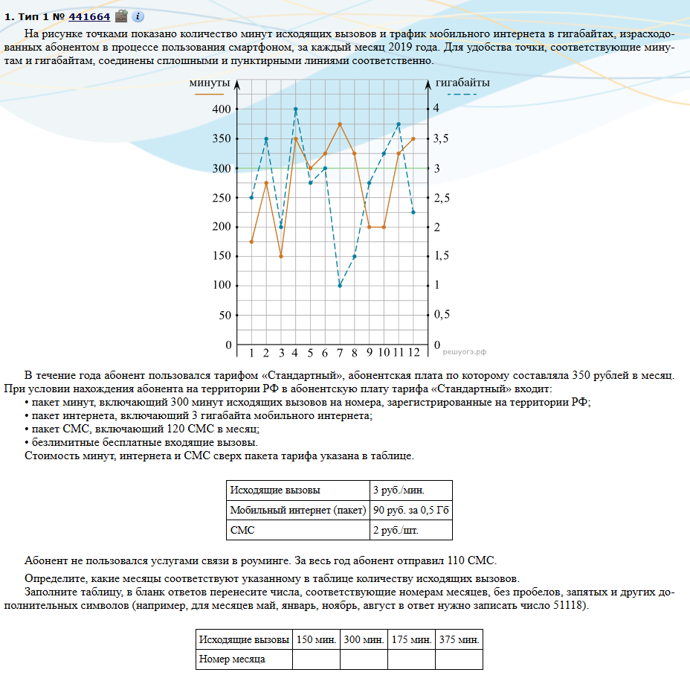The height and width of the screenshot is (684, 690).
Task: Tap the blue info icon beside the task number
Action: point(138,16)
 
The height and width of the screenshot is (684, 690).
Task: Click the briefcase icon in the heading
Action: point(121,16)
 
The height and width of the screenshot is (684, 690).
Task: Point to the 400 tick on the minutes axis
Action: point(221,109)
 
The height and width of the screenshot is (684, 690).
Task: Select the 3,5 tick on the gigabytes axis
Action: point(442,139)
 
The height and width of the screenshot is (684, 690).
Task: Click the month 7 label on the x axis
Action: point(340,353)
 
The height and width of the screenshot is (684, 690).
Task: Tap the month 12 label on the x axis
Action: point(413,353)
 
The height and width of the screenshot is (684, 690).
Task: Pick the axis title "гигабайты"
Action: point(462,83)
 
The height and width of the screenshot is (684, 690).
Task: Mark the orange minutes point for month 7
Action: point(340,124)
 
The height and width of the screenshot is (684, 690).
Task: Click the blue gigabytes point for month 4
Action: point(295,109)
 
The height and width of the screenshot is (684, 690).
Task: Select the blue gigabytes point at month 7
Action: point(340,286)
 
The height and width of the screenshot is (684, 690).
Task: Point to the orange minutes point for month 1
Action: point(251,242)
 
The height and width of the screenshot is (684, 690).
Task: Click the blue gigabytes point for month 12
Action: point(413,212)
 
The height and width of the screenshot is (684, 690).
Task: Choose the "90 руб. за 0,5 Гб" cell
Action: point(411,510)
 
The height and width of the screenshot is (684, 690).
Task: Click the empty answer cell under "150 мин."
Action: point(316,659)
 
